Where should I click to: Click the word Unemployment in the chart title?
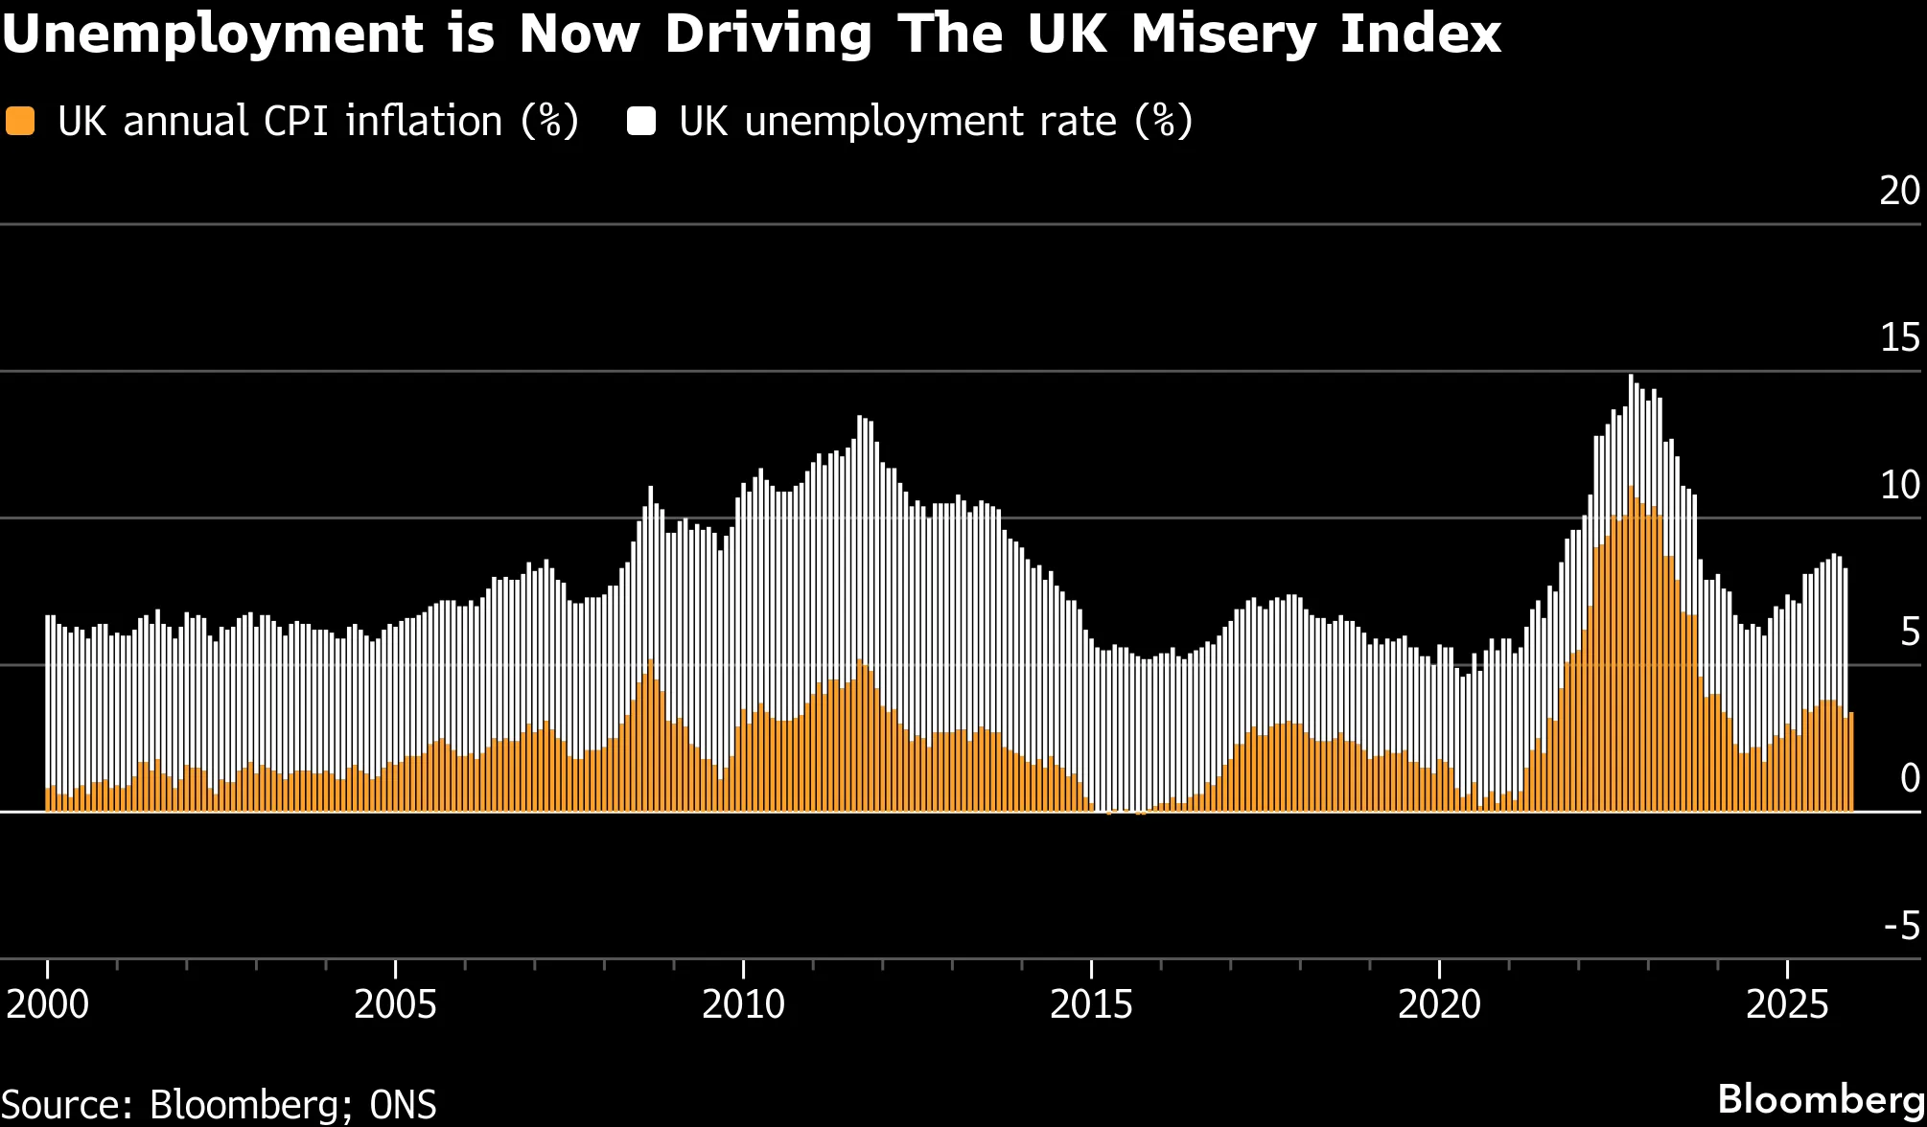tap(212, 35)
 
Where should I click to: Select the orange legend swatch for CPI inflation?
tap(20, 122)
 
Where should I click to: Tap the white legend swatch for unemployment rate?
tap(640, 122)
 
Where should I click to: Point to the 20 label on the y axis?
tap(1899, 191)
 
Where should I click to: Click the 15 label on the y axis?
tap(1899, 337)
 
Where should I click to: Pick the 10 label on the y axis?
tap(1899, 485)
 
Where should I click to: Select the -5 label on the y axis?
tap(1902, 926)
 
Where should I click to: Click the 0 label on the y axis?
tap(1910, 778)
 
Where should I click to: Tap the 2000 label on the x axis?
tap(47, 1004)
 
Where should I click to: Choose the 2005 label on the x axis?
tap(395, 1004)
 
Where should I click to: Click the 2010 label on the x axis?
tap(743, 1004)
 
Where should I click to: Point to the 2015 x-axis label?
tap(1091, 1004)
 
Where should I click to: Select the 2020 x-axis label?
tap(1439, 1004)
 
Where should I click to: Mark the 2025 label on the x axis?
tap(1787, 1004)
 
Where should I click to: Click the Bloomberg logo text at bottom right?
tap(1821, 1099)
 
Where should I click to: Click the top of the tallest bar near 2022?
tap(1631, 377)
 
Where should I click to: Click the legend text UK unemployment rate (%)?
tap(936, 122)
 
